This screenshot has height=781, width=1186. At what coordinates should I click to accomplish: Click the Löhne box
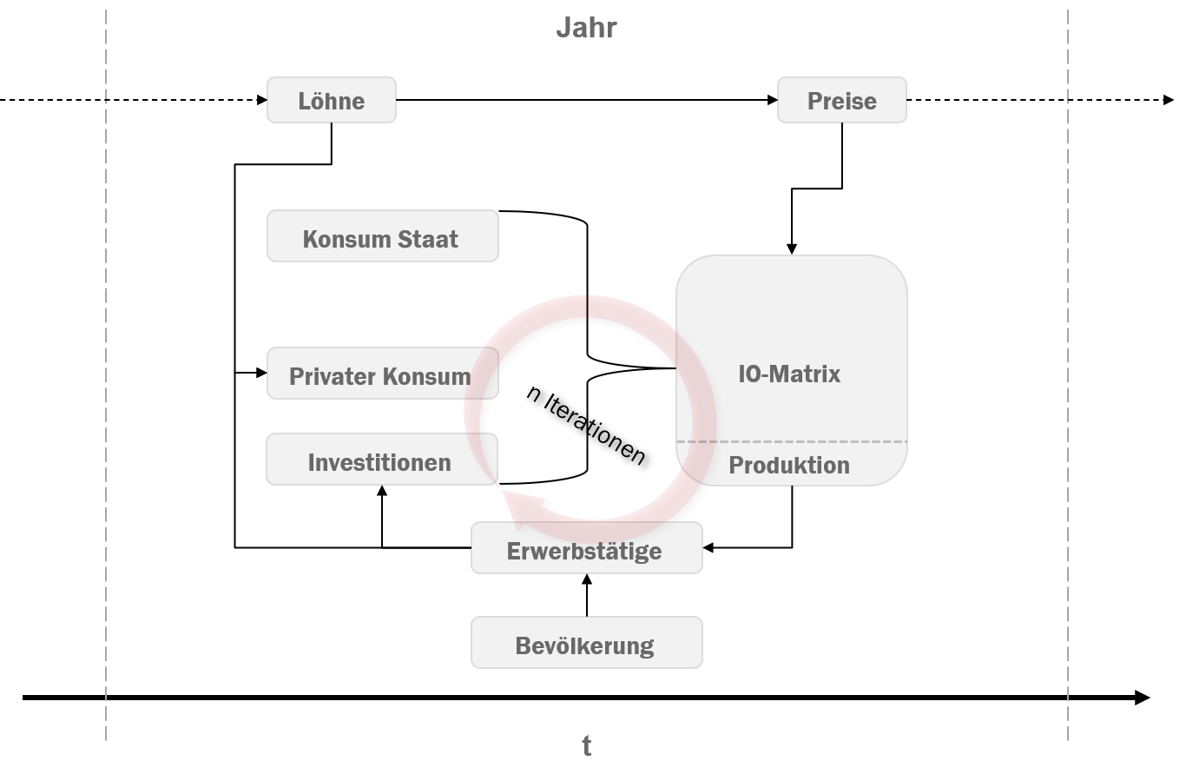click(x=331, y=100)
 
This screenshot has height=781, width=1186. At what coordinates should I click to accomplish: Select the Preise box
click(x=841, y=100)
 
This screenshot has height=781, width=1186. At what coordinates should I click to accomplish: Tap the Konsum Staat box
click(x=382, y=236)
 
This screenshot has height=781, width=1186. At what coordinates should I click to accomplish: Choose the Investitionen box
click(x=380, y=460)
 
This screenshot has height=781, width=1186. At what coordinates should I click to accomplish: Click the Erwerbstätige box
click(x=586, y=549)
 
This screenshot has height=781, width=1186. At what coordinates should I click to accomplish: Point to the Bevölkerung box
click(x=586, y=643)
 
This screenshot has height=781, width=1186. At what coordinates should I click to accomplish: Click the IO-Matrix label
click(x=789, y=374)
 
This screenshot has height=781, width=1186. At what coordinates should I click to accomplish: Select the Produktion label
click(x=789, y=466)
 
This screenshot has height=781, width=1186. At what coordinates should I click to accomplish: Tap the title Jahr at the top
click(x=586, y=28)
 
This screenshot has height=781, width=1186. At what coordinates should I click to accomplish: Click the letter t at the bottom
click(x=587, y=745)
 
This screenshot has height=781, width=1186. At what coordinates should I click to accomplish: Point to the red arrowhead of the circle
click(x=521, y=505)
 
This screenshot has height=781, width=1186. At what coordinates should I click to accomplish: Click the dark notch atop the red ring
click(x=588, y=307)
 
